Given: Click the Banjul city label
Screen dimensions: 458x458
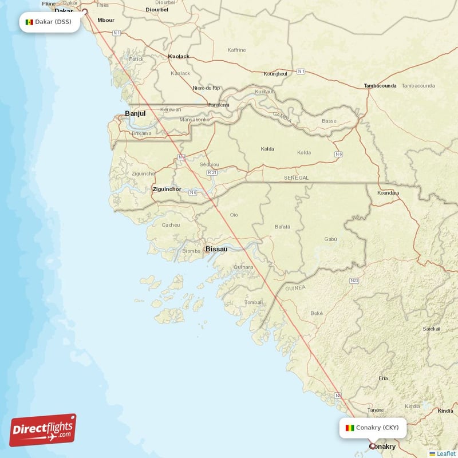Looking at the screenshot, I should point(135,113).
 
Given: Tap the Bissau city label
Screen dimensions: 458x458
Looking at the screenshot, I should point(216,249).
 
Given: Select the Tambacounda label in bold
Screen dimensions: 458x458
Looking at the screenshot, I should point(380,86).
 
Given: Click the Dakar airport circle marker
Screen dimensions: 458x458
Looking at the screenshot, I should point(85,11).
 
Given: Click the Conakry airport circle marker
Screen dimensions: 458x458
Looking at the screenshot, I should point(373,445).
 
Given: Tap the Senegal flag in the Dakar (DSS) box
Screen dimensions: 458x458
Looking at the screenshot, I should point(29,22).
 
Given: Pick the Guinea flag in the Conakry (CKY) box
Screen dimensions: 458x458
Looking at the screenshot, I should point(350,428).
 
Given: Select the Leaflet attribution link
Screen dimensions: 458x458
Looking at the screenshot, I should point(445,453).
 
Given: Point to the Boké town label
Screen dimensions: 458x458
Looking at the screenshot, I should point(317,313).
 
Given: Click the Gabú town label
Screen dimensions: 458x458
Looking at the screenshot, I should point(330,239).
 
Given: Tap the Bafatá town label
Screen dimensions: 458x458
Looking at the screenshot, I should point(282,227).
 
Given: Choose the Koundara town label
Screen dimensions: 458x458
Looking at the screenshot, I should point(388,193).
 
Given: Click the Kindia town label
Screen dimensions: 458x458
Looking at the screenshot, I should point(445,410).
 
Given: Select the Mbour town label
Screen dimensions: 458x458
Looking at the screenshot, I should point(106,20).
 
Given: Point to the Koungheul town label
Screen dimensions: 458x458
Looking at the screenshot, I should point(275,74).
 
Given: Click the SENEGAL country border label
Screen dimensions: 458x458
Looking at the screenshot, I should point(296,178).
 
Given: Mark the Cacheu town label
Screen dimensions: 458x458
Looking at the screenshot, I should point(171,225).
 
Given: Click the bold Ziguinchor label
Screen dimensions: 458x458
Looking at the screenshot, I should point(167,189).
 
